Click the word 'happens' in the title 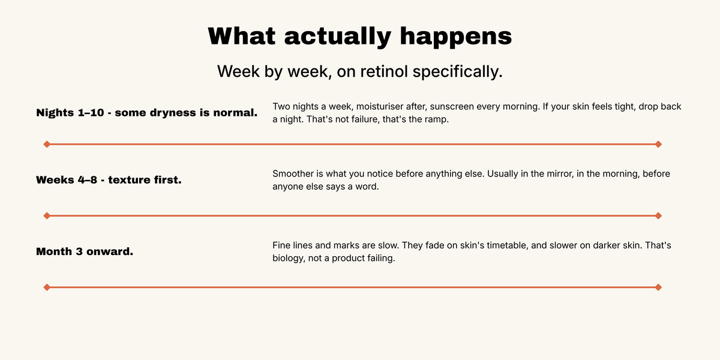tap(456, 37)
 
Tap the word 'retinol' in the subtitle tap(384, 71)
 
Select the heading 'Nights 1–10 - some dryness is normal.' tap(147, 113)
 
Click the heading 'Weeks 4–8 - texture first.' tap(109, 180)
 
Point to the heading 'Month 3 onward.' tap(85, 251)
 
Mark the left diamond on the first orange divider tap(47, 145)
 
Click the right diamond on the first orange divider tap(658, 145)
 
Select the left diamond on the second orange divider tap(47, 215)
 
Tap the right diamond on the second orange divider tap(658, 215)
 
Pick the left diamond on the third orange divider tap(47, 287)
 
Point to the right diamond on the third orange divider tap(658, 287)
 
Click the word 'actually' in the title tap(337, 37)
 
